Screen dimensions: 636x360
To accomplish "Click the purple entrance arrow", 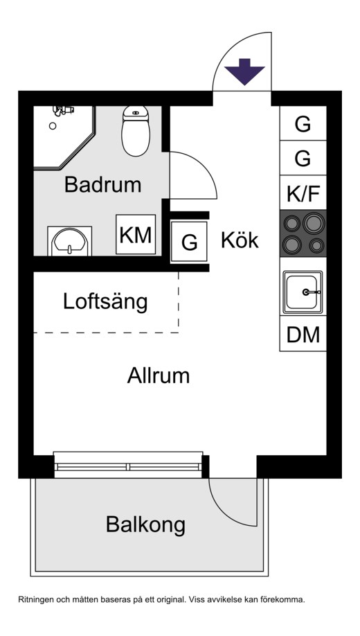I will click(245, 72).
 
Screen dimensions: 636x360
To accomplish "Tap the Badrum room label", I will click(102, 185).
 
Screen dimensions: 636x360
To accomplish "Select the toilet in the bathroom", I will click(135, 131).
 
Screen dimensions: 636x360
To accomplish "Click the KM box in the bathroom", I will click(135, 235).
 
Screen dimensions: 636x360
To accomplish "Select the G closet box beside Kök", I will click(189, 242).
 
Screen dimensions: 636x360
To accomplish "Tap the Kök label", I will click(240, 240).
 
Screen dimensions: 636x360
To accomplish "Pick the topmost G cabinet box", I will click(303, 125).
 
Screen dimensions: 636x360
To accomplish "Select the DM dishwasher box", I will click(303, 335).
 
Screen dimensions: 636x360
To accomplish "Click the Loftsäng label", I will click(105, 302).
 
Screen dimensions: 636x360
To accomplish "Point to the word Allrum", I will click(158, 376).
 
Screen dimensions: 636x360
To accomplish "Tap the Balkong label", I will click(145, 524).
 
